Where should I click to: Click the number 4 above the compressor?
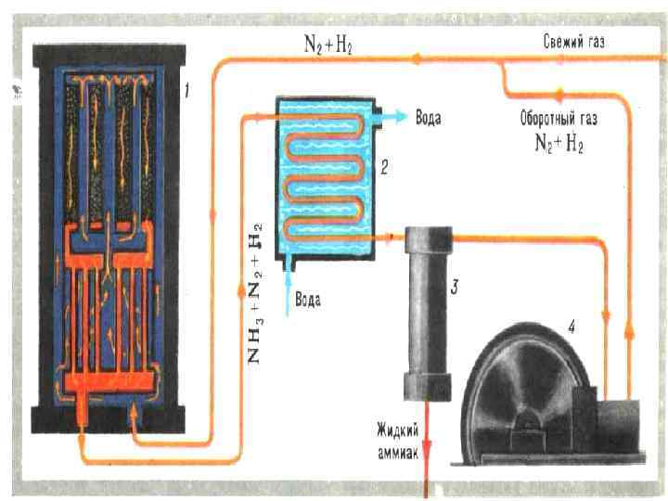click(x=572, y=326)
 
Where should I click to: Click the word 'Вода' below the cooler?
click(x=308, y=299)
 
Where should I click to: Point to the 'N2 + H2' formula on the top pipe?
click(x=327, y=45)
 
